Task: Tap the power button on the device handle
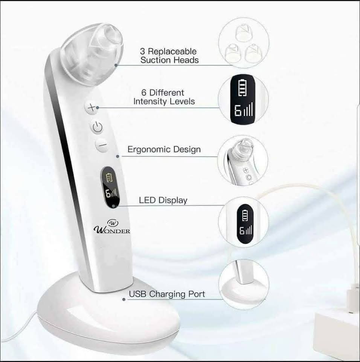click(x=97, y=127)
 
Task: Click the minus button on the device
click(x=102, y=145)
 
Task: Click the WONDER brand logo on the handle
click(x=112, y=227)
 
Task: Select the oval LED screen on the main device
click(x=110, y=187)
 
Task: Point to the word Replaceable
click(x=172, y=51)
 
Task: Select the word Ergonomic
click(x=149, y=150)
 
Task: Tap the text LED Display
click(x=163, y=200)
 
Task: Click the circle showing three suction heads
click(x=244, y=43)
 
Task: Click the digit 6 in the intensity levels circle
click(x=238, y=110)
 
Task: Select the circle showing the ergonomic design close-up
click(x=243, y=161)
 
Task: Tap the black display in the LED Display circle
click(x=245, y=224)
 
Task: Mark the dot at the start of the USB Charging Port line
click(x=124, y=299)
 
